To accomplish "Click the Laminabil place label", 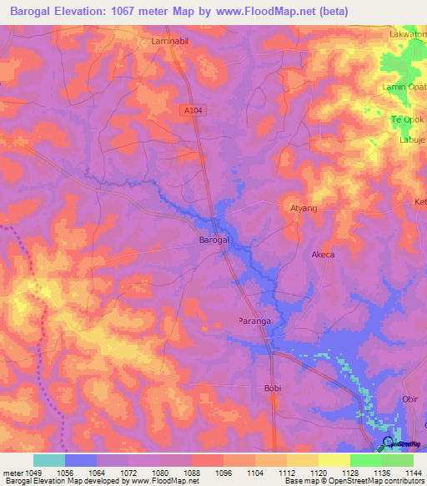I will click(x=173, y=40).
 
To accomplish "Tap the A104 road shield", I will click(x=192, y=109).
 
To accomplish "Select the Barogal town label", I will click(x=214, y=240).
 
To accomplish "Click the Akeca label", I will click(x=323, y=255).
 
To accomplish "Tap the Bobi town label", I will click(x=273, y=388).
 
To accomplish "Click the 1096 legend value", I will click(x=224, y=473).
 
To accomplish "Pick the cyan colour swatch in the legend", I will click(x=49, y=460).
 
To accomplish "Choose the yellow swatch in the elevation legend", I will click(x=334, y=460).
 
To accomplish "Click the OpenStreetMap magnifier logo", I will click(x=388, y=443).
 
